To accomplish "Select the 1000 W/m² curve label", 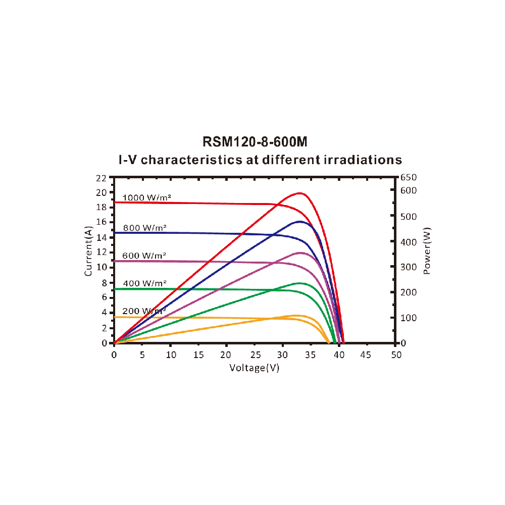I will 144,197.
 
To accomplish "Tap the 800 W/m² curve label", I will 144,228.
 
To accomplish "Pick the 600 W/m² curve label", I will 144,256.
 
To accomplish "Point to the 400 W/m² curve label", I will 144,283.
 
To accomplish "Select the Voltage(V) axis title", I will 255,368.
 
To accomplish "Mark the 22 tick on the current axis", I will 101,178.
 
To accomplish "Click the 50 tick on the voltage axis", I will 396,355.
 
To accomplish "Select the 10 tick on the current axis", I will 101,267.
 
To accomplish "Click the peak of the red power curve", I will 300,193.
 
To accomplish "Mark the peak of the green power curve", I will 299,283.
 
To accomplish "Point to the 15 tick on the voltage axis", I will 199,355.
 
